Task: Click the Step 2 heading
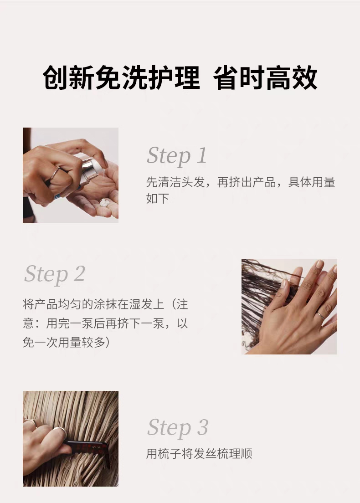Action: click(x=55, y=275)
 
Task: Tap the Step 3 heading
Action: click(x=178, y=428)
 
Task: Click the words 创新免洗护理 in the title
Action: click(x=121, y=77)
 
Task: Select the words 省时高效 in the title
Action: click(x=265, y=77)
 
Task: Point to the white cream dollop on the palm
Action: click(x=105, y=203)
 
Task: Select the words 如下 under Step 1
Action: click(x=158, y=199)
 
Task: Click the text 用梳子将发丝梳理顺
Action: click(x=199, y=454)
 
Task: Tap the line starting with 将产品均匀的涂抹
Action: click(x=106, y=304)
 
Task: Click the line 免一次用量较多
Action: click(x=66, y=342)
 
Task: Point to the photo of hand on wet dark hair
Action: click(x=289, y=307)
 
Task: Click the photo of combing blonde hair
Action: click(x=71, y=438)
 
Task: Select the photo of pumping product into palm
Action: click(x=71, y=175)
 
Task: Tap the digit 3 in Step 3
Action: click(x=202, y=427)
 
